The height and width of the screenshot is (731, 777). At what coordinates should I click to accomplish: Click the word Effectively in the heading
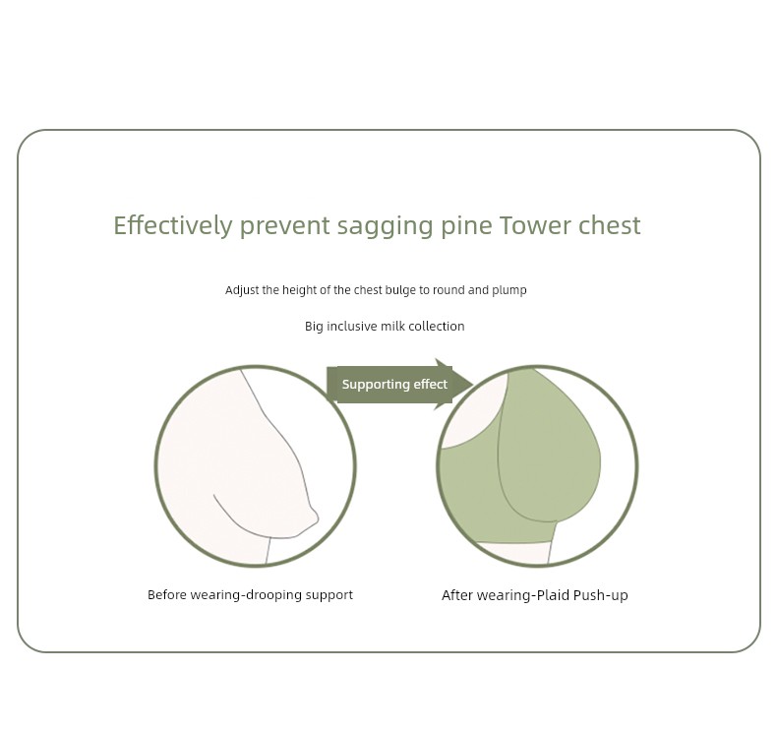(x=173, y=225)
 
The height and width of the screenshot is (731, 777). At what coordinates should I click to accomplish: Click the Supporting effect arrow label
(x=394, y=385)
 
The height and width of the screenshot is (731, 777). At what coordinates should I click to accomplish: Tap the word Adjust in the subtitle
(x=242, y=290)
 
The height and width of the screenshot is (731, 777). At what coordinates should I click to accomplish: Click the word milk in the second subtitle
(x=392, y=326)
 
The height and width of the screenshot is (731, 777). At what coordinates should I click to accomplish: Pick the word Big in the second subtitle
(x=314, y=327)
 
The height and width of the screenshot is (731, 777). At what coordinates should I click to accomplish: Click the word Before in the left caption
(x=167, y=594)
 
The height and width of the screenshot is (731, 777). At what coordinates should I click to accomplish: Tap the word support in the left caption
(x=329, y=595)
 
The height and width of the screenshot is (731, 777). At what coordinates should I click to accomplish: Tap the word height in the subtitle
(x=299, y=290)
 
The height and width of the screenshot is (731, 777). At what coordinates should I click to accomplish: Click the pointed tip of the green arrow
(x=473, y=384)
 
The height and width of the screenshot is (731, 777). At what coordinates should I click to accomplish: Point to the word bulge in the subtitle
(x=400, y=290)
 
